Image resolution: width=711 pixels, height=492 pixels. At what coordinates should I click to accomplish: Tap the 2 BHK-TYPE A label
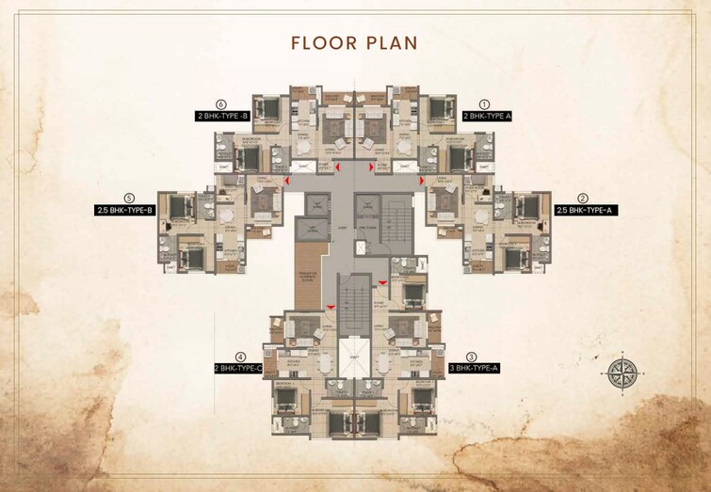(486, 116)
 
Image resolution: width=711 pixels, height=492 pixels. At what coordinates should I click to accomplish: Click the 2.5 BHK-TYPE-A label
(583, 211)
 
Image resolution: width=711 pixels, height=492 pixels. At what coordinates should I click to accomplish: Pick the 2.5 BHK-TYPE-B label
(124, 211)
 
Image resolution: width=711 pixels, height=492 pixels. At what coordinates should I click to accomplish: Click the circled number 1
(485, 103)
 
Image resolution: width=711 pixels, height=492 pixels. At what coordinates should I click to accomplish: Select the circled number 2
(583, 198)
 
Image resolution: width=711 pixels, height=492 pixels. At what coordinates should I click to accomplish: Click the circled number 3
(471, 357)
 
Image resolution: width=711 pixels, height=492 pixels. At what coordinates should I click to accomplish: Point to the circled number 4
(241, 357)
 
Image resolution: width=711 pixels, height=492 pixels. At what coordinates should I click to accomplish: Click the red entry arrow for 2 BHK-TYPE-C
(330, 307)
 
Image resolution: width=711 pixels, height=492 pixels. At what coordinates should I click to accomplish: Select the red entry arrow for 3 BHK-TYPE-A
(381, 282)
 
